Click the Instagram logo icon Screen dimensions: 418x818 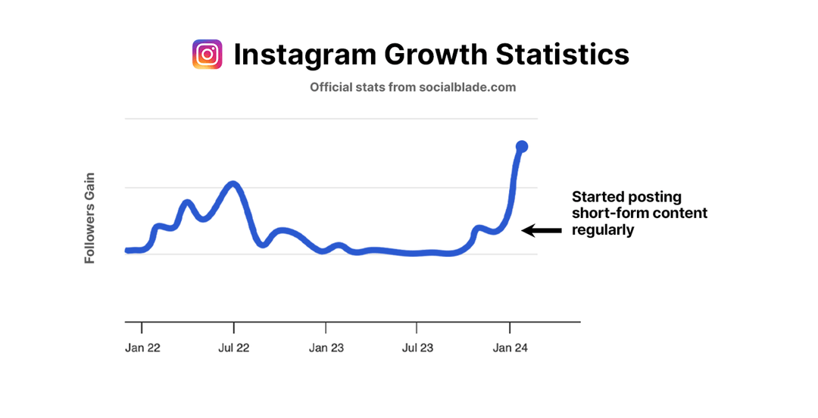(x=208, y=55)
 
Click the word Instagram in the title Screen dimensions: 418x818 (x=304, y=55)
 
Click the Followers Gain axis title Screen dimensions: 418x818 (x=89, y=218)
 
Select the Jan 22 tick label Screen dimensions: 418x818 (x=142, y=348)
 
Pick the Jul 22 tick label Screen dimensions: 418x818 (x=234, y=348)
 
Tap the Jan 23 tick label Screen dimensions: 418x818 (x=326, y=348)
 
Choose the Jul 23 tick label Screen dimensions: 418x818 (x=418, y=348)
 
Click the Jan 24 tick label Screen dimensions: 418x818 (x=510, y=348)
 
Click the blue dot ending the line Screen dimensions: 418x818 (x=522, y=146)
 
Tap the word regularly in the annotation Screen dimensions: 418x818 (x=603, y=230)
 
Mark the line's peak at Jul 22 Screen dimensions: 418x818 (x=233, y=184)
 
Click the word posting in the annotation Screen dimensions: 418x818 (x=654, y=198)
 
